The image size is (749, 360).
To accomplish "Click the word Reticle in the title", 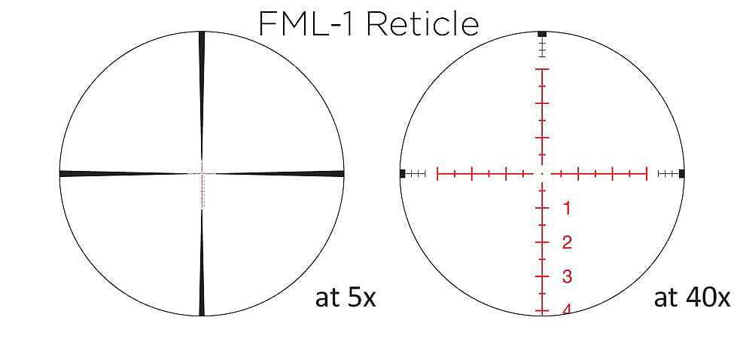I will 424,24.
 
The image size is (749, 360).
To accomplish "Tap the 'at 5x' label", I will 346,298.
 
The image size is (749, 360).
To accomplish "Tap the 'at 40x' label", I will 692,298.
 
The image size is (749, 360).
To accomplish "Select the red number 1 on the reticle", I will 567,208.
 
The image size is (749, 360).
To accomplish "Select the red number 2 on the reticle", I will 567,243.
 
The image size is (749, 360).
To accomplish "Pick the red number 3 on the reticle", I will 567,277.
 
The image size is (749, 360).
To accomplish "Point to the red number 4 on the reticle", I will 566,309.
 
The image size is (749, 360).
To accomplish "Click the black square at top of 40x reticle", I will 542,34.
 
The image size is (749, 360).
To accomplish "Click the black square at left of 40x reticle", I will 403,174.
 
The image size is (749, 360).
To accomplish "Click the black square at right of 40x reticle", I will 681,174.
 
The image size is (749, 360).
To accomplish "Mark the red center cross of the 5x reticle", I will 202,174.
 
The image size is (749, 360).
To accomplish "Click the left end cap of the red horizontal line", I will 437,174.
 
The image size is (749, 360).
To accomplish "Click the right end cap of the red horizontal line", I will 647,174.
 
